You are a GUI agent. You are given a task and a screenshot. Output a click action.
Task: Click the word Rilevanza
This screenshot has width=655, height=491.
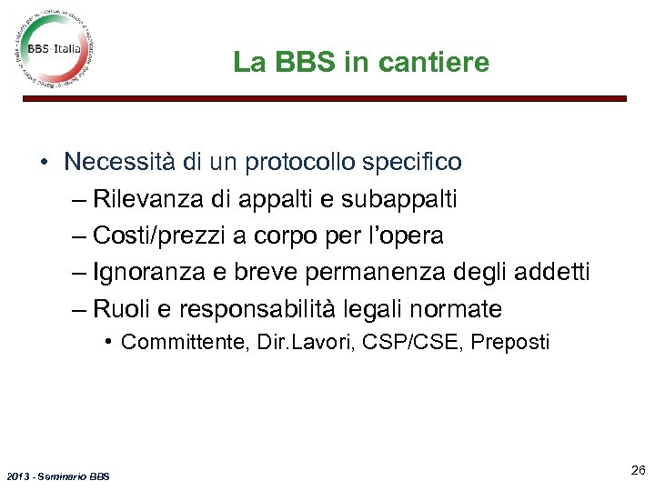pos(146,199)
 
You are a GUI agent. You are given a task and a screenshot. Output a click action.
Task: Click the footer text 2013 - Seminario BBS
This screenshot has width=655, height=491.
pos(56,476)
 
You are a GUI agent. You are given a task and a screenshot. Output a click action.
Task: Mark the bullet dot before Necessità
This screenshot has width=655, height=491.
pos(44,164)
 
